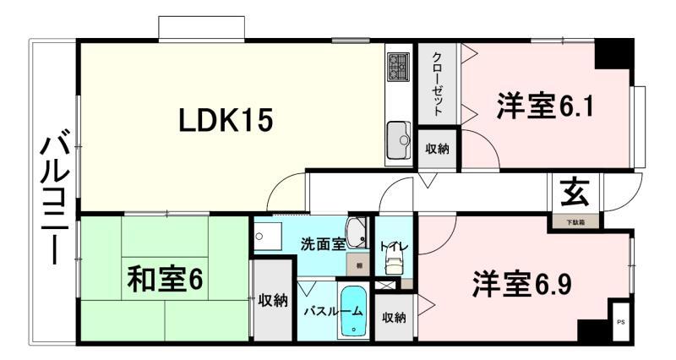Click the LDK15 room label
point(226,122)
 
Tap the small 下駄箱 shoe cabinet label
point(575,221)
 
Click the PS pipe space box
point(620,320)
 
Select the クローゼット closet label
point(437,83)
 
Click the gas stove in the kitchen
point(398,66)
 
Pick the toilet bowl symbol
point(394,265)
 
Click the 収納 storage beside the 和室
point(273,300)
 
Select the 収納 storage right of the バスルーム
point(393,318)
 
